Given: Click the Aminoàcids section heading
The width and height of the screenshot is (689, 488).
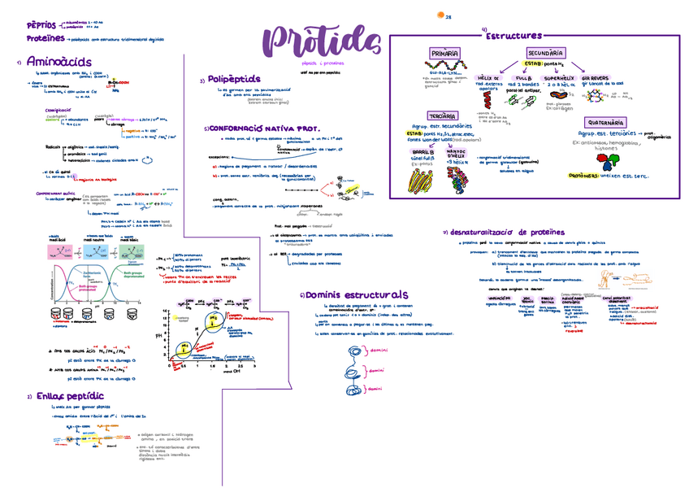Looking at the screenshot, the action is click(53, 61).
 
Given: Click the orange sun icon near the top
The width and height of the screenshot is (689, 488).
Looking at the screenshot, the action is click(441, 14).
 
